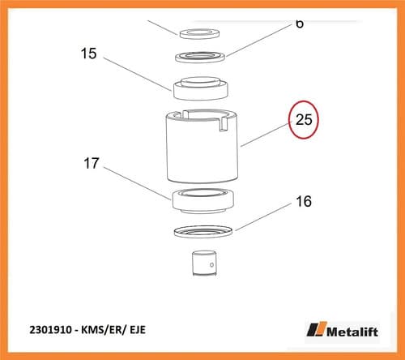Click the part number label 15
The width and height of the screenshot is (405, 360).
tap(88, 54)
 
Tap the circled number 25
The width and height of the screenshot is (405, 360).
tap(304, 119)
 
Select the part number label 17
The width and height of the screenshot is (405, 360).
tap(92, 163)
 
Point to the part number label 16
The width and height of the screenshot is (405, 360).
tap(304, 201)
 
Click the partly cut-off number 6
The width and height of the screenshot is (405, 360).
tap(300, 24)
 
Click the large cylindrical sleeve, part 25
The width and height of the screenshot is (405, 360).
tap(202, 146)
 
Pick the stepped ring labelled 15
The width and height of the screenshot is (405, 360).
tap(201, 88)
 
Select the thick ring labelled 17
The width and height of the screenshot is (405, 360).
tap(202, 201)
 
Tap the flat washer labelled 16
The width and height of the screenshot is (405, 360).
tap(203, 232)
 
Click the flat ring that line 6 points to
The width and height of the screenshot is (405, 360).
tap(200, 57)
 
